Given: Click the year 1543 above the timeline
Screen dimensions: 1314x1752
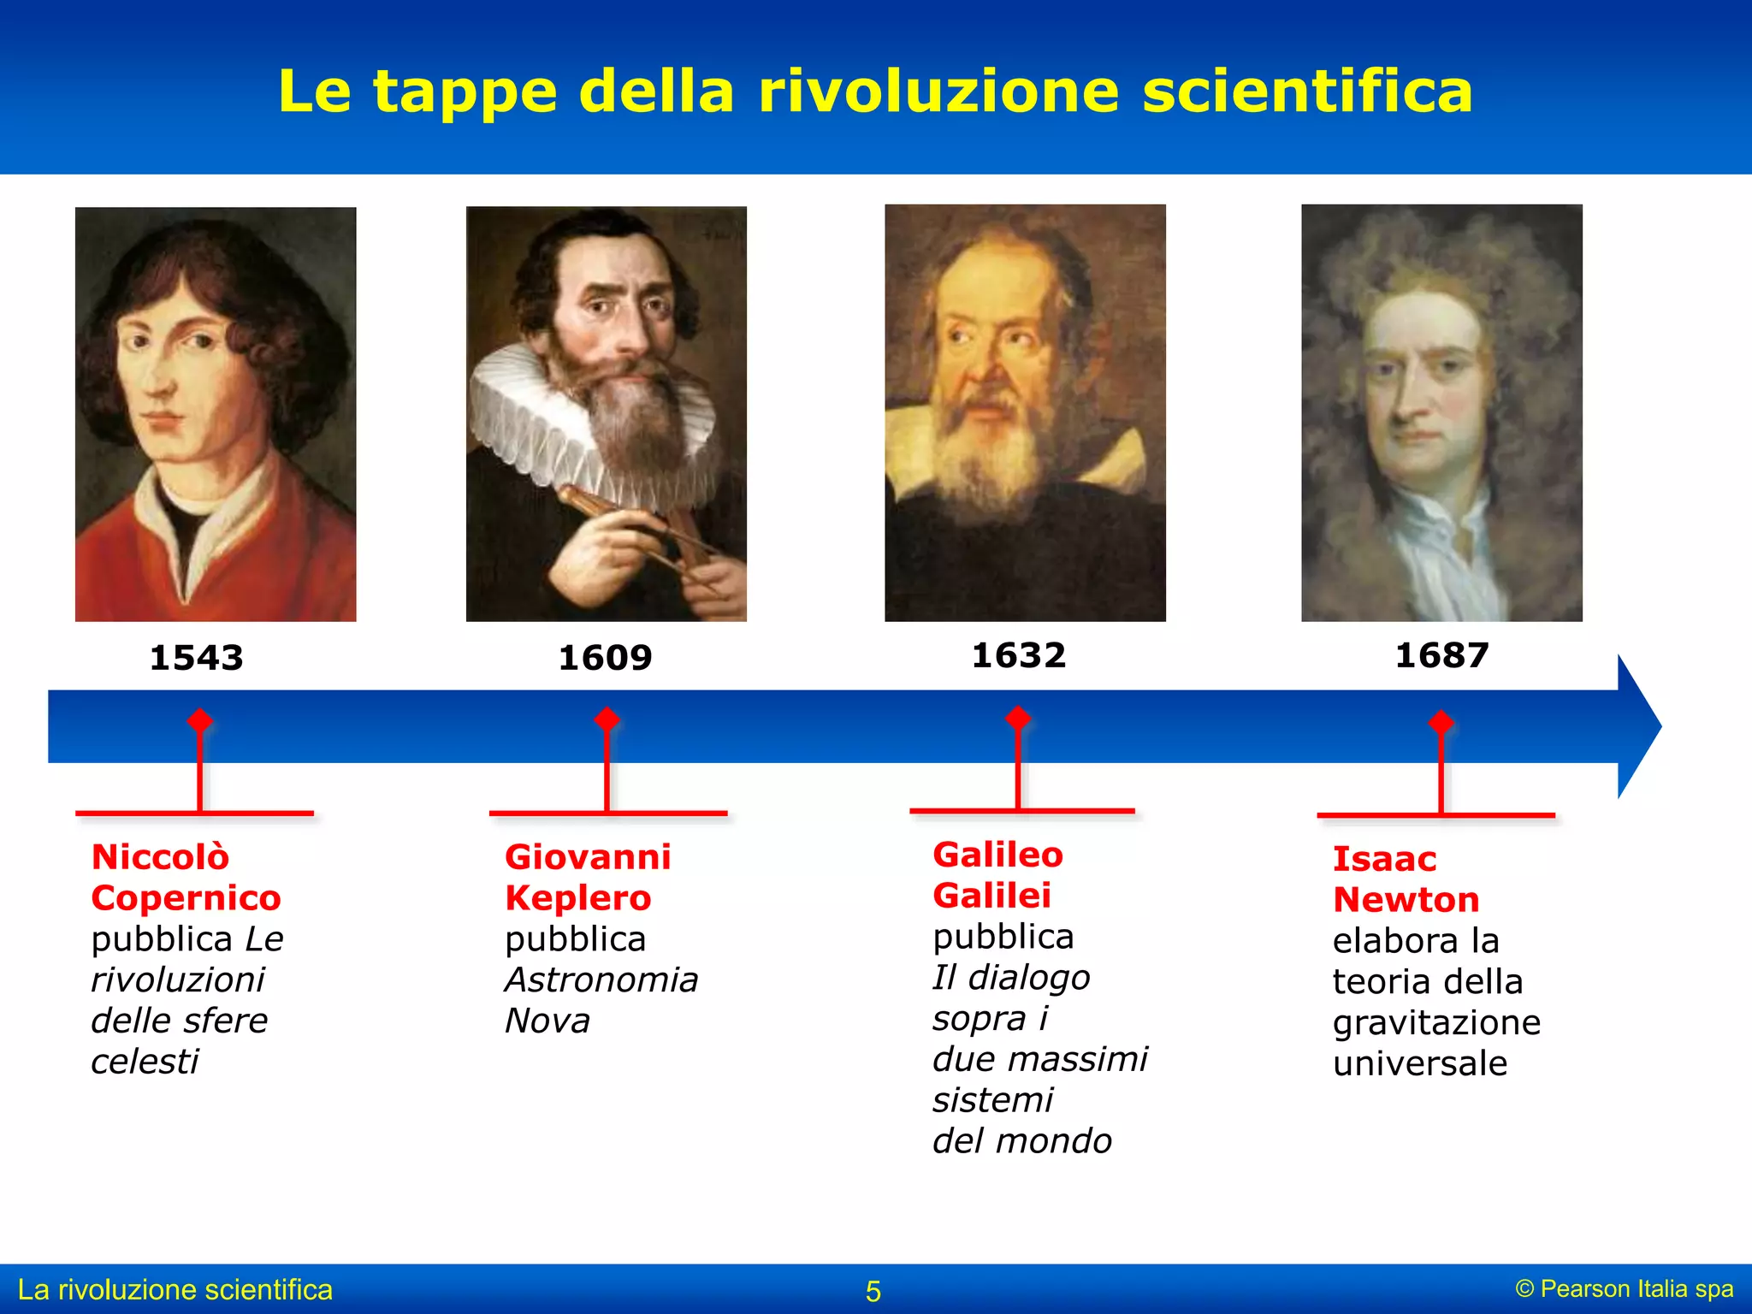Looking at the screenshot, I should tap(196, 658).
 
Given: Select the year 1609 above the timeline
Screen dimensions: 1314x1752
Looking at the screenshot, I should tap(605, 658).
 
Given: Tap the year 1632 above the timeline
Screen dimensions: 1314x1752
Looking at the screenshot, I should tap(1018, 655).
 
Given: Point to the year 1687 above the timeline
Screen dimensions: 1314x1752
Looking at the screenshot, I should tap(1441, 655).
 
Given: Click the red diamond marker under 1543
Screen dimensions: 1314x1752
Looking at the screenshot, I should tap(199, 720).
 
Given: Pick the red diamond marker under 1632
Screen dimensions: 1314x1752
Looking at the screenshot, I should tap(1017, 718).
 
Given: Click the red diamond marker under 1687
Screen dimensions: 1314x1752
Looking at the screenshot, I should tap(1441, 722).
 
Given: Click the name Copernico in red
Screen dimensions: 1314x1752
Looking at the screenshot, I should tap(186, 898).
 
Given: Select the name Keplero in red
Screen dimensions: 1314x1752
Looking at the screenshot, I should tap(577, 898).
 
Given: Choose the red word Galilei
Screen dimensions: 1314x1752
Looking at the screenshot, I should tap(991, 896).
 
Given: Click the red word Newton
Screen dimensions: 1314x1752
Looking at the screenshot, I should tap(1406, 900).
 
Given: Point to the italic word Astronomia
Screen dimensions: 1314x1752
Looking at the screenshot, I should tap(601, 980).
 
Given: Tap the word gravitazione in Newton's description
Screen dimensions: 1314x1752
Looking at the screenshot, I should tap(1436, 1023).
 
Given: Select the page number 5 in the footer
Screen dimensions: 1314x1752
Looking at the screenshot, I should tap(873, 1291).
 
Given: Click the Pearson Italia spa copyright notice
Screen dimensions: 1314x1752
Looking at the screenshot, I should tap(1624, 1289).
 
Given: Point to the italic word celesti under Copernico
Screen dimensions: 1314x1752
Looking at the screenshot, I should tap(145, 1062).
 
